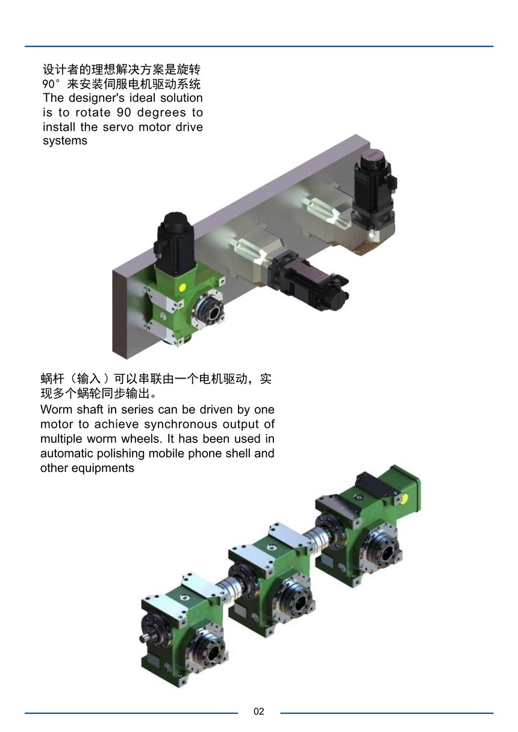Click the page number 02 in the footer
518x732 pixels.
click(x=258, y=712)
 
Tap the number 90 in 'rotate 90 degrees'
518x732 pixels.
click(x=124, y=113)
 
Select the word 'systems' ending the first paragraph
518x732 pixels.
click(x=65, y=141)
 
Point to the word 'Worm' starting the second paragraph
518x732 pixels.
click(x=54, y=409)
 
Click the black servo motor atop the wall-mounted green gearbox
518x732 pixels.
click(x=175, y=243)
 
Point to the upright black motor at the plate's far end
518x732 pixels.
click(x=375, y=191)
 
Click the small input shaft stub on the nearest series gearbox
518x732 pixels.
click(x=144, y=636)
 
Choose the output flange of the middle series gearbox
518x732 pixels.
click(x=295, y=601)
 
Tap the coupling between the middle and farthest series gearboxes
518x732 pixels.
click(x=316, y=537)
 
